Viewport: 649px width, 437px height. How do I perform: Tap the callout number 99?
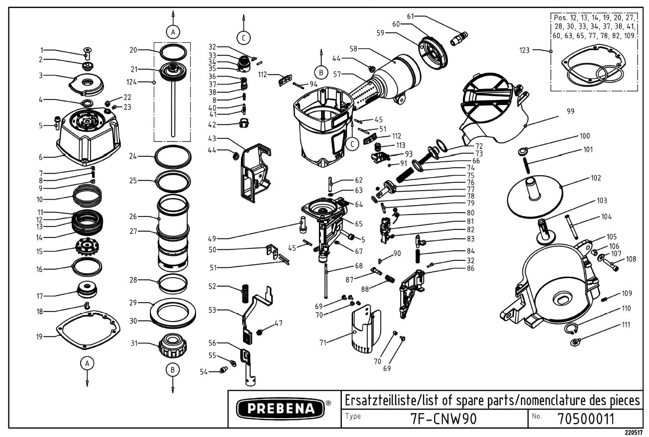570,111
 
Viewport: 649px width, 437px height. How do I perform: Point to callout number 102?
596,178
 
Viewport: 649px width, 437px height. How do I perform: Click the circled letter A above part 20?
173,32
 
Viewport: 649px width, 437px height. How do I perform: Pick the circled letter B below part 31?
173,370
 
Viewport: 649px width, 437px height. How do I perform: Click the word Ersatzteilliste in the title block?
374,400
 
